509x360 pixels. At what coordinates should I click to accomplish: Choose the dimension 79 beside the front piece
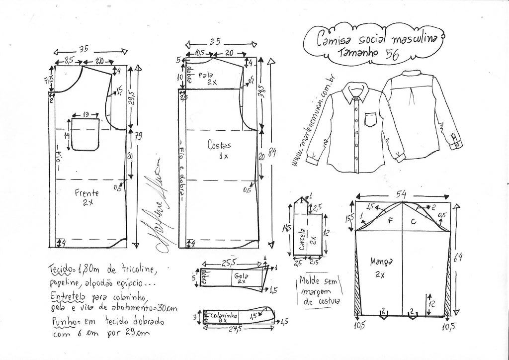[138, 137]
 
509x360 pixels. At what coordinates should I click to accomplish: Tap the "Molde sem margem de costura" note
[319, 291]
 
